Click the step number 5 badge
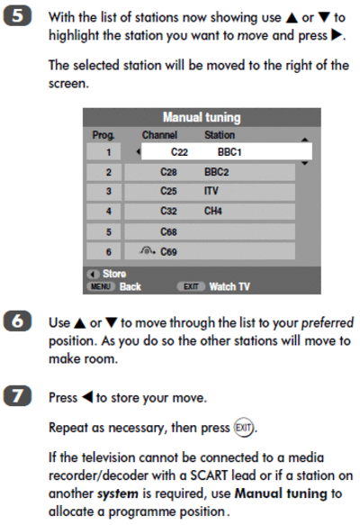point(17,16)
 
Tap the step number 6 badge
point(17,321)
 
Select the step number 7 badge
point(17,396)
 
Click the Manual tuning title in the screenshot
point(202,118)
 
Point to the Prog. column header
point(103,135)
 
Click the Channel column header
point(159,135)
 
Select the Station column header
point(220,135)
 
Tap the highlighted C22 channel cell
point(179,152)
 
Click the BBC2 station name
point(217,172)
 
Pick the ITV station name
point(211,191)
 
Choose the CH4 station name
point(213,211)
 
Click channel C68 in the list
point(168,231)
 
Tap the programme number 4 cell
point(103,212)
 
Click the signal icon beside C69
point(148,250)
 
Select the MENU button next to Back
point(101,286)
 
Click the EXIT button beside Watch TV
point(191,286)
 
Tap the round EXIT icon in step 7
point(243,428)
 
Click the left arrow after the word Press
point(87,397)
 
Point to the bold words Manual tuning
point(281,493)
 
